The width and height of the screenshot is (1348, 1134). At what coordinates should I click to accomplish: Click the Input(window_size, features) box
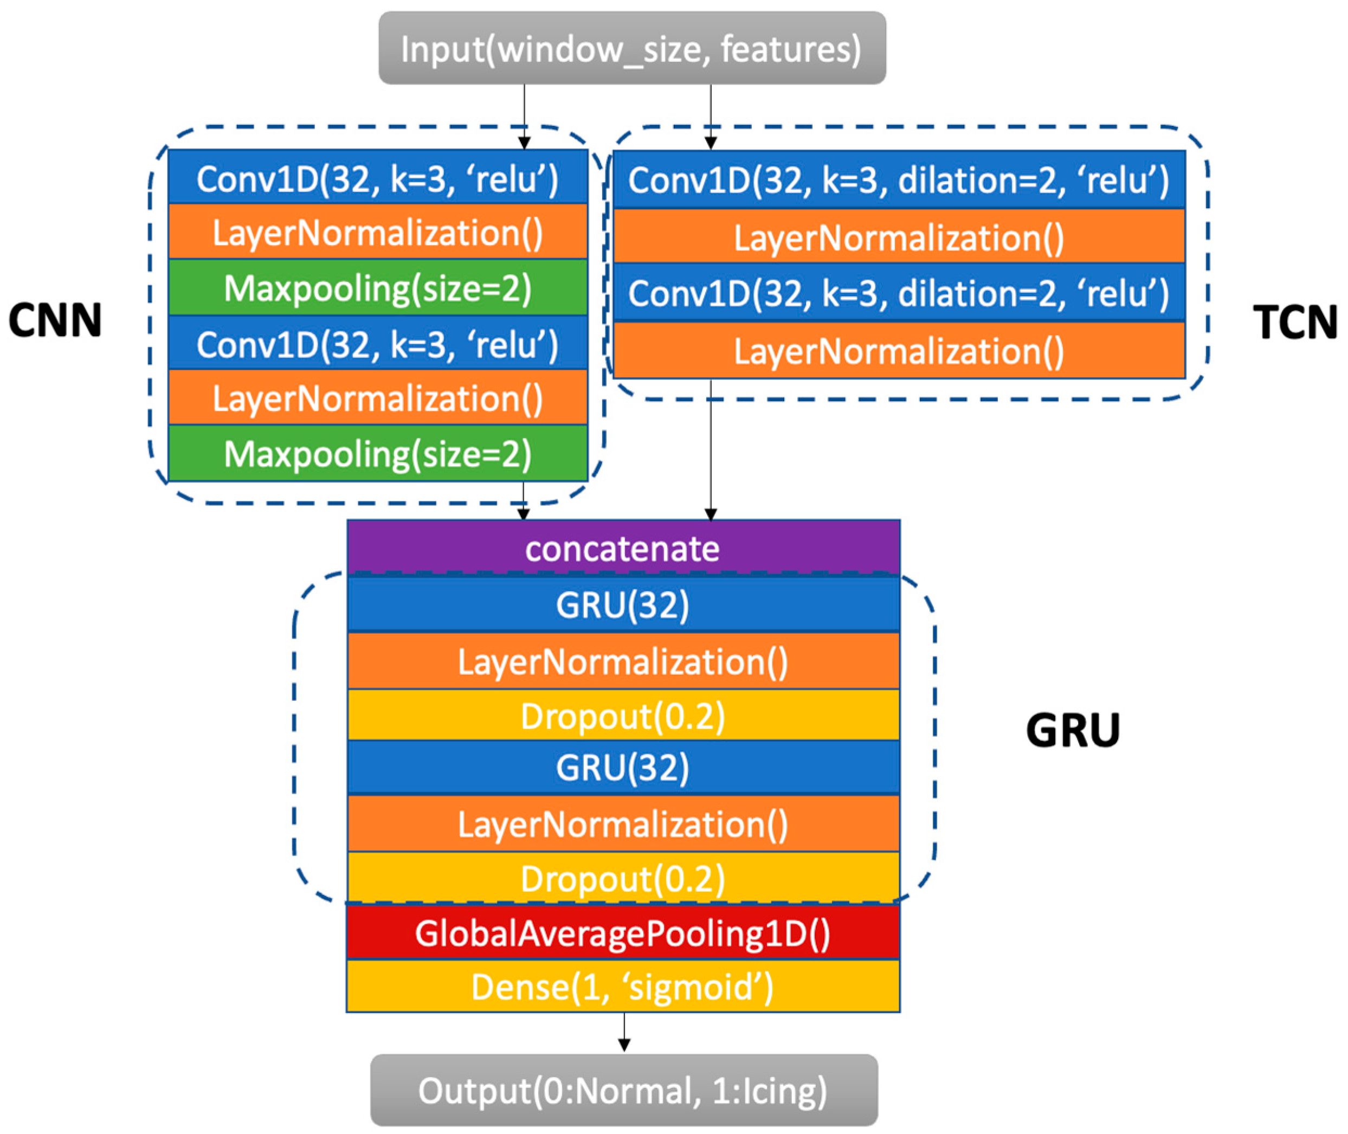coord(632,48)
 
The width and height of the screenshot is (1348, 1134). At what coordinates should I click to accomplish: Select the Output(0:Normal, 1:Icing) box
coord(623,1090)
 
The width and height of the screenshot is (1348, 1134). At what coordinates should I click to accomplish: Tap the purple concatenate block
coord(623,547)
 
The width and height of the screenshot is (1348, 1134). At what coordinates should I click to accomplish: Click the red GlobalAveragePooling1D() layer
coord(623,933)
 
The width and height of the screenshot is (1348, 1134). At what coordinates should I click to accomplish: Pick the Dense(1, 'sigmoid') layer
coord(623,987)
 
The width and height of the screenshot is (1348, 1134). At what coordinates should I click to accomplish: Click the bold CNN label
coord(55,320)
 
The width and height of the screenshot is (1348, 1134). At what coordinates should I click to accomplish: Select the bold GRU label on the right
coord(1072,730)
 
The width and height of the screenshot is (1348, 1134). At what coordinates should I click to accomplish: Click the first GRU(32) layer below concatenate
coord(623,604)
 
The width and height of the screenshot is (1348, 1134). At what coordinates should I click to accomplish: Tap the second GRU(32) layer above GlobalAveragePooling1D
coord(623,767)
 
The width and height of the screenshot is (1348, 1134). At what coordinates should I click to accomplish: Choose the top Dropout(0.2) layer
coord(623,716)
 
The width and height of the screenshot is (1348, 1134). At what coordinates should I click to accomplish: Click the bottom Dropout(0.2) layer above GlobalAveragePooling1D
coord(623,878)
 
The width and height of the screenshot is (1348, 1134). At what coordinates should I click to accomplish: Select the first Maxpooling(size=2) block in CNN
coord(378,288)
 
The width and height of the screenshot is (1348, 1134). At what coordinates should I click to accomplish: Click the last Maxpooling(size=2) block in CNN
coord(378,454)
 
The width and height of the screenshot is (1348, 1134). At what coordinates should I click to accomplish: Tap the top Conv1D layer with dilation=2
coord(899,180)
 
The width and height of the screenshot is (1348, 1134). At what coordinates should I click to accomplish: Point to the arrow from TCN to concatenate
coord(711,450)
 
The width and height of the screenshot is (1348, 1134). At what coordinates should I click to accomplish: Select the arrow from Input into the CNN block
coord(525,115)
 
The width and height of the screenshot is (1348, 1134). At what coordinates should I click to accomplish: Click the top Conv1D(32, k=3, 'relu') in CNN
coord(378,178)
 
